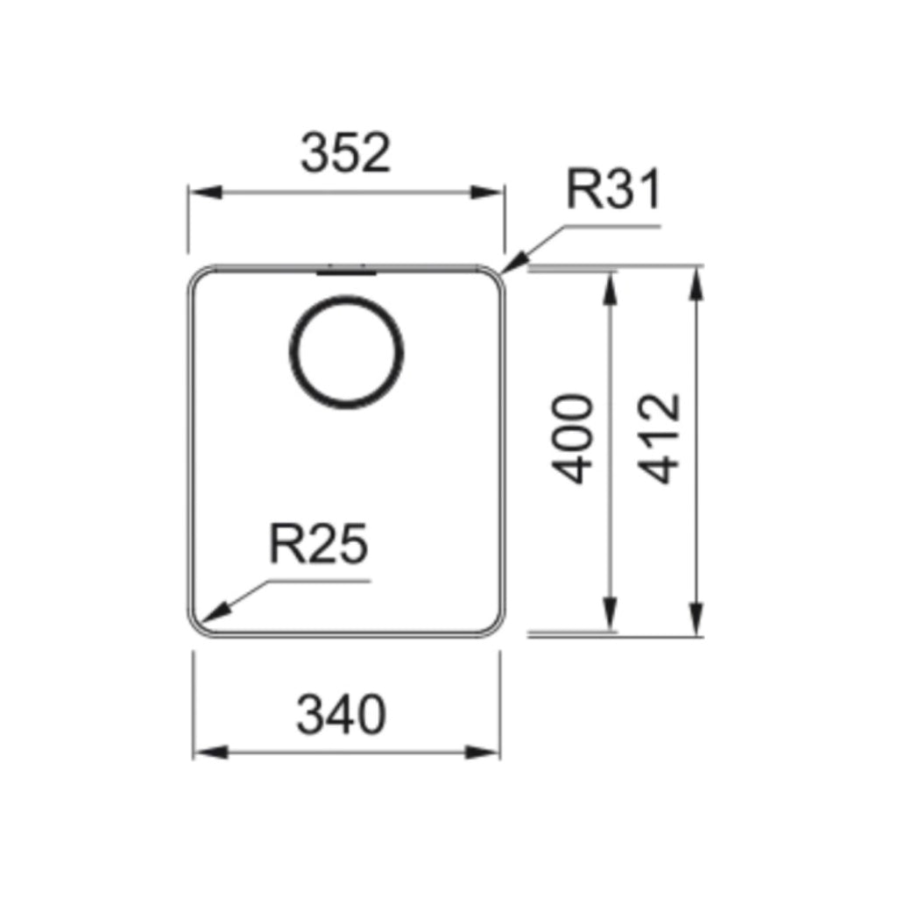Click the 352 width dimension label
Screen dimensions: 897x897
[345, 152]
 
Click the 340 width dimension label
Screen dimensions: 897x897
[342, 715]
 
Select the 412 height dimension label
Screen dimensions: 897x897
[659, 439]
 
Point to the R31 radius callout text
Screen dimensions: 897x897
[614, 189]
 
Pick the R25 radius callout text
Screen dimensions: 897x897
[319, 544]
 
